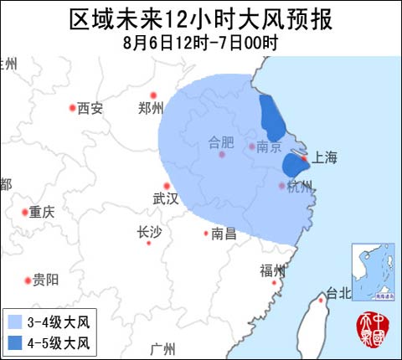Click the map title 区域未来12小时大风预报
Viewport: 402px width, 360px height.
201,18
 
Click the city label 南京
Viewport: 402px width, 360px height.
268,147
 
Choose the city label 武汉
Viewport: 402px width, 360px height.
166,199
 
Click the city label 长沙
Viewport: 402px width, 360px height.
149,233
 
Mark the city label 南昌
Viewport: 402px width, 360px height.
224,234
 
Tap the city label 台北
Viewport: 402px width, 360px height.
339,293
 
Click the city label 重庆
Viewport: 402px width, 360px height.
41,213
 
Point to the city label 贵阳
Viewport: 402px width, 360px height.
47,279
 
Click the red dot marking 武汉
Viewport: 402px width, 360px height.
167,186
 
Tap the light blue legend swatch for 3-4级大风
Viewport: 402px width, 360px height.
16,321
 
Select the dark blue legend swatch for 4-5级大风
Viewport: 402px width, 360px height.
16,342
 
